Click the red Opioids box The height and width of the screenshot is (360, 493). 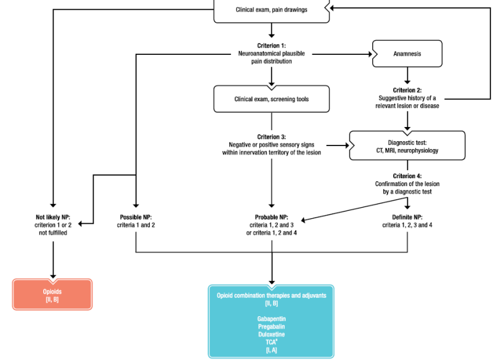point(53,295)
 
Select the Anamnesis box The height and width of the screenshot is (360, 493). point(407,54)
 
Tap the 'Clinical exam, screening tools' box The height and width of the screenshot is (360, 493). point(271,98)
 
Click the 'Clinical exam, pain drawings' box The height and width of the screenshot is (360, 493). point(271,10)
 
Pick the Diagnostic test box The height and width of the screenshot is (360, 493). point(407,145)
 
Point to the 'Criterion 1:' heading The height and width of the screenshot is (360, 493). point(271,45)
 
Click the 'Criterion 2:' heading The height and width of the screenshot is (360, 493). point(407,90)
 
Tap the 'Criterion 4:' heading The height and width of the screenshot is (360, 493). point(407,176)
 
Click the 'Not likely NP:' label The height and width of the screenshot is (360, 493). point(53,218)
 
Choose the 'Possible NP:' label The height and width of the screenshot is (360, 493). point(136,218)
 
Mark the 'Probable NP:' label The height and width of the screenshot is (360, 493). point(272,218)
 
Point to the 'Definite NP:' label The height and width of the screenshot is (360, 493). point(407,218)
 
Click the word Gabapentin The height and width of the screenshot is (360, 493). point(271,318)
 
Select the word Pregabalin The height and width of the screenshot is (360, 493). point(271,326)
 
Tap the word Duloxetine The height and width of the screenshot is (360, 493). point(271,334)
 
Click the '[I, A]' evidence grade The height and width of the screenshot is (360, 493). point(271,350)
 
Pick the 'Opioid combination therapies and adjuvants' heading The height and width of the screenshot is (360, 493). point(271,295)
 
